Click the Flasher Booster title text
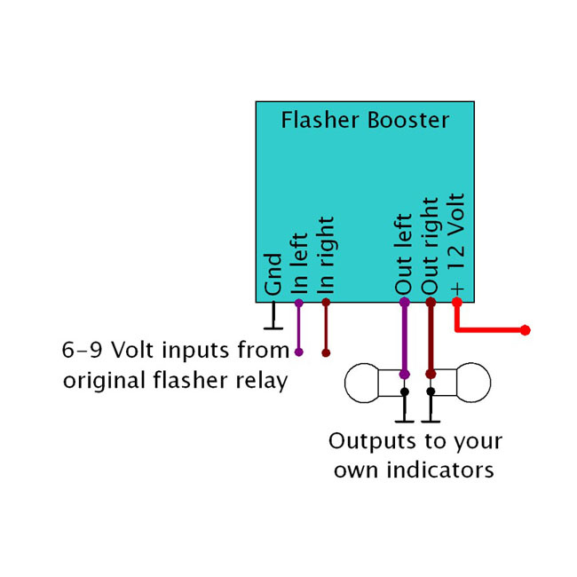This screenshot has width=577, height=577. click(366, 120)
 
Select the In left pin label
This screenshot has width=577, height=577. click(299, 263)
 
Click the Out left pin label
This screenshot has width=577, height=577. click(404, 255)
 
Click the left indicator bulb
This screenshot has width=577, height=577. click(362, 383)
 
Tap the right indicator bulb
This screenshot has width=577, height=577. click(471, 383)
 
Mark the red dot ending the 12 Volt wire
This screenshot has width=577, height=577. click(526, 330)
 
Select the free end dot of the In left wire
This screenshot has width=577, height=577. click(299, 352)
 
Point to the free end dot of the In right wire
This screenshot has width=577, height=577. click(326, 352)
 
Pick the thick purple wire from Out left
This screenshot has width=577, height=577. click(405, 337)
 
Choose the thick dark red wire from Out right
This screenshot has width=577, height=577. click(431, 337)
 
